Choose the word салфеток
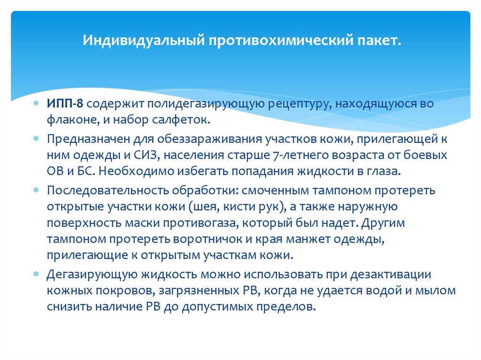[x=181, y=121]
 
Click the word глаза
[x=386, y=171]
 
